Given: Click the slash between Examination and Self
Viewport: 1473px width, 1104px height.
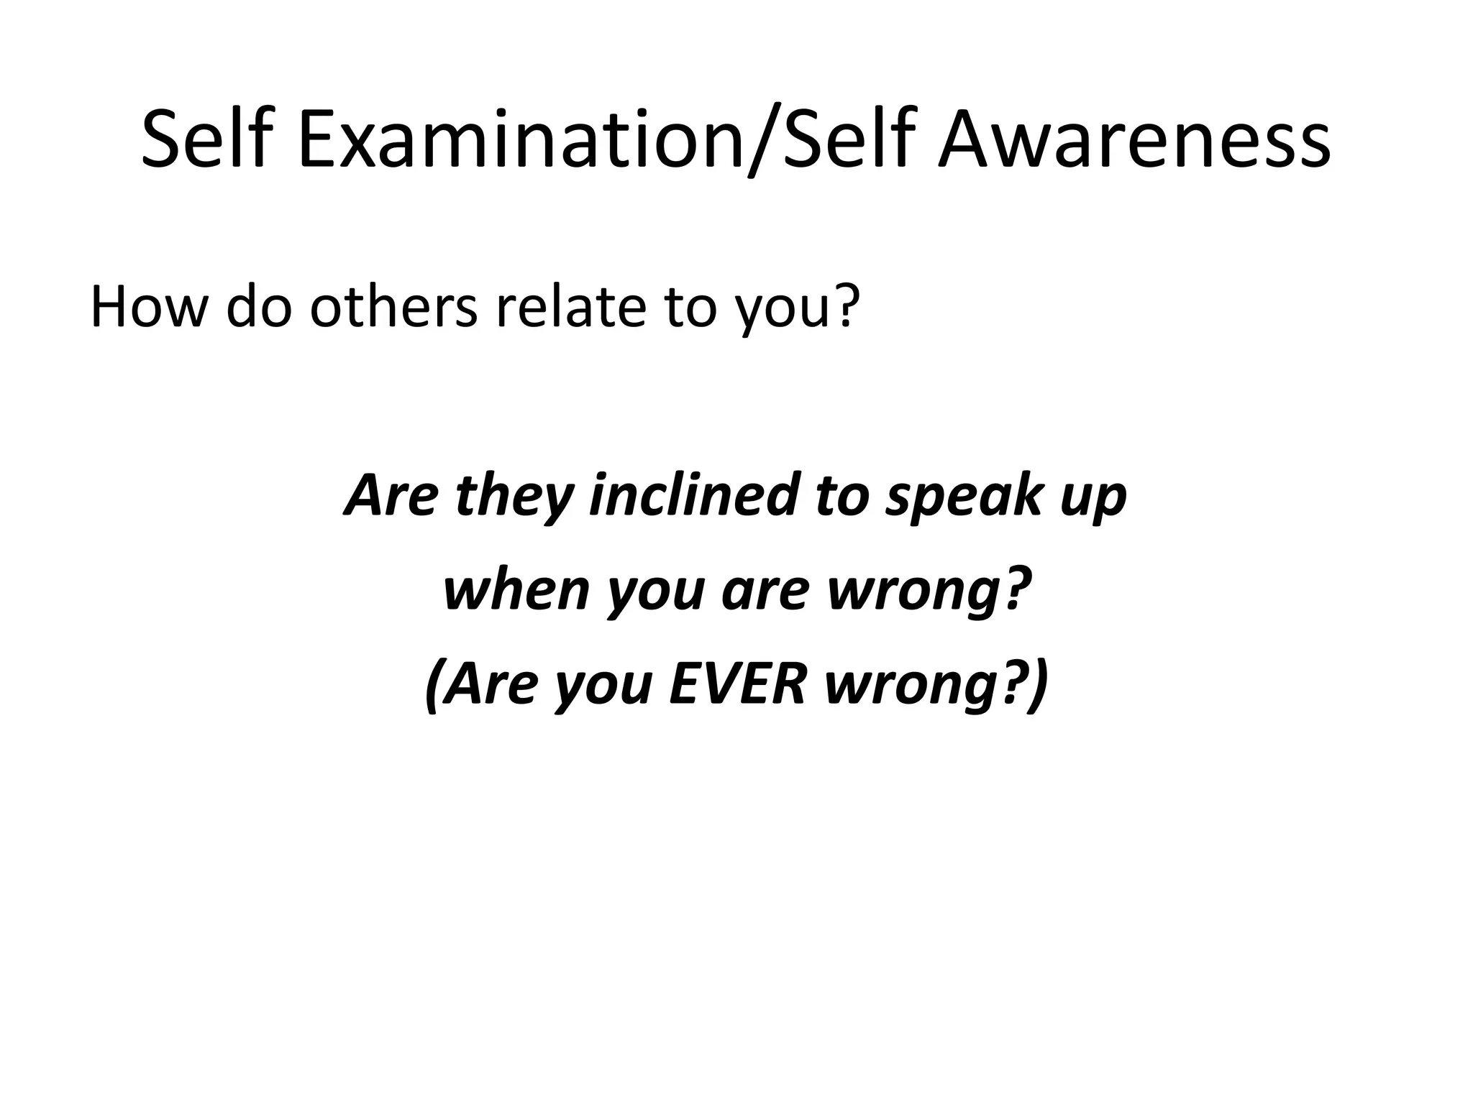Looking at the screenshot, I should coord(764,140).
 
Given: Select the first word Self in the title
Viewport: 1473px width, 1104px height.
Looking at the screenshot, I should coord(208,140).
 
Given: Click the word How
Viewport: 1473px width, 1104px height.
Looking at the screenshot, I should coord(147,307).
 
